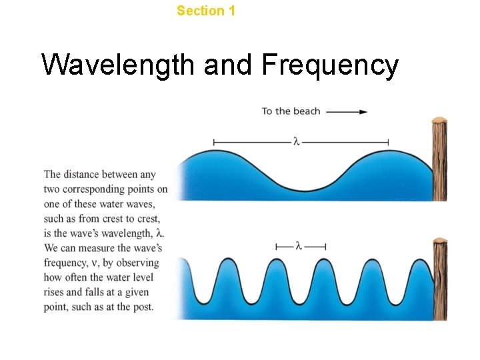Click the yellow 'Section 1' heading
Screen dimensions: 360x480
click(206, 11)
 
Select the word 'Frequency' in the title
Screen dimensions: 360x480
click(330, 65)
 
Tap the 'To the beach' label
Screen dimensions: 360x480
click(291, 111)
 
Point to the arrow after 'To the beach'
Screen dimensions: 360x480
click(347, 111)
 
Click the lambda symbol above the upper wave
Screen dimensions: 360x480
click(295, 141)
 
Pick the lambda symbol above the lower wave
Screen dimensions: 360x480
click(299, 246)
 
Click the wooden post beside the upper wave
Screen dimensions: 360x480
click(439, 160)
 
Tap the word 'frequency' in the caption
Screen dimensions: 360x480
click(65, 263)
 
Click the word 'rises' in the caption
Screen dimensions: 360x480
click(55, 292)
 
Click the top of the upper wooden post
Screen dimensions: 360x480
click(439, 121)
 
